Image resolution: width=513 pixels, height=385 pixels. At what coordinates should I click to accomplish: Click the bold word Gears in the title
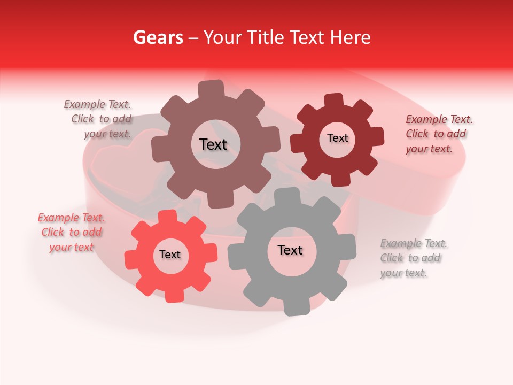click(158, 37)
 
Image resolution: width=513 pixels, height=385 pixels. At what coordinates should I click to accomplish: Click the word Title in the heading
click(266, 37)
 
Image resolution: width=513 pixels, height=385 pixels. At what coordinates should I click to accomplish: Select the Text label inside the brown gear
click(213, 144)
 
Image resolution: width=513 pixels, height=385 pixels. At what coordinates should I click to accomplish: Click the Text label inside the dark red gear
click(337, 138)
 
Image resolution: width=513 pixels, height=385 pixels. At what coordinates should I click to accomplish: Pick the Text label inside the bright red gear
click(170, 255)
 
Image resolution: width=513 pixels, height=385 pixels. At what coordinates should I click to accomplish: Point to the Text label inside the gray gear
click(290, 250)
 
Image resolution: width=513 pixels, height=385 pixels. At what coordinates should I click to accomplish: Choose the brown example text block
click(99, 119)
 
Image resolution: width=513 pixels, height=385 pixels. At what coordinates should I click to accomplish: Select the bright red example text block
click(72, 232)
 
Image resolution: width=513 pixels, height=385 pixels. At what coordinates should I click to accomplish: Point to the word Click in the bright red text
click(53, 232)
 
